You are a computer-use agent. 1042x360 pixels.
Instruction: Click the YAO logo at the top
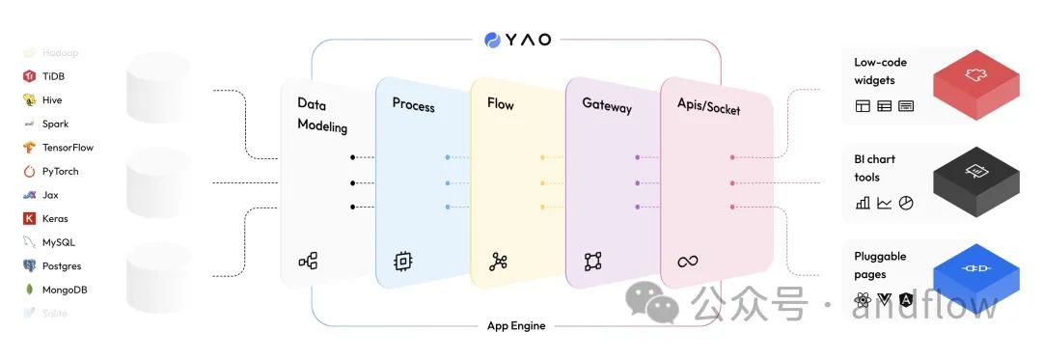pyautogui.click(x=517, y=40)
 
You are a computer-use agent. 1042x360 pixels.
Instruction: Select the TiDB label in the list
pyautogui.click(x=53, y=76)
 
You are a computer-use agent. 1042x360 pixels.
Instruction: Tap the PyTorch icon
pyautogui.click(x=29, y=172)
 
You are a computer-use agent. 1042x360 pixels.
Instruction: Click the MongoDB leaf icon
pyautogui.click(x=29, y=290)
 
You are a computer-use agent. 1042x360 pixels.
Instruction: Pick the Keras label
pyautogui.click(x=55, y=218)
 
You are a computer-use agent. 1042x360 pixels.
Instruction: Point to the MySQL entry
pyautogui.click(x=58, y=242)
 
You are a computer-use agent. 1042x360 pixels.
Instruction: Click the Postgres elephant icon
pyautogui.click(x=29, y=265)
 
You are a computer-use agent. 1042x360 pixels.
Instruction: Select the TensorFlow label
pyautogui.click(x=68, y=148)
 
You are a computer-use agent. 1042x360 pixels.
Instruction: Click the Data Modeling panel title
pyautogui.click(x=322, y=114)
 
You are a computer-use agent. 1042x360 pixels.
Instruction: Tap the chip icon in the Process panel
pyautogui.click(x=402, y=261)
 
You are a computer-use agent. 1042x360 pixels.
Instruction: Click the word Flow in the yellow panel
pyautogui.click(x=501, y=102)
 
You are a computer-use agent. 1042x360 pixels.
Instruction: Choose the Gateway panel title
pyautogui.click(x=607, y=105)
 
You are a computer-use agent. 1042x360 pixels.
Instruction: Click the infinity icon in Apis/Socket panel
pyautogui.click(x=687, y=261)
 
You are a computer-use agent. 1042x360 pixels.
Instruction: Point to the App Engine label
pyautogui.click(x=516, y=326)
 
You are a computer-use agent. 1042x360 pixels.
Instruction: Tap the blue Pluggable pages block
pyautogui.click(x=975, y=269)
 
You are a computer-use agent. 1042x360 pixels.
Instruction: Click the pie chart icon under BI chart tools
pyautogui.click(x=906, y=203)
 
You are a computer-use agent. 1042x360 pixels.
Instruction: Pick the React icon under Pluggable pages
pyautogui.click(x=863, y=300)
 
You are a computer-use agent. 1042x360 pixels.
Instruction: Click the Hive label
pyautogui.click(x=52, y=100)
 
